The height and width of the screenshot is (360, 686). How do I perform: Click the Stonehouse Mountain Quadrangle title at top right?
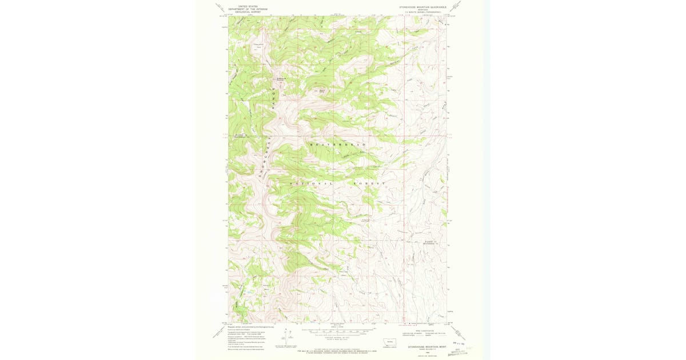[424, 7]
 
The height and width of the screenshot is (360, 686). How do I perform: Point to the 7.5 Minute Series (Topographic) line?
[424, 13]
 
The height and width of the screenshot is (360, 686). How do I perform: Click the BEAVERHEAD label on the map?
[337, 145]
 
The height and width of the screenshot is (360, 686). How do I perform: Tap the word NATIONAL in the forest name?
[312, 183]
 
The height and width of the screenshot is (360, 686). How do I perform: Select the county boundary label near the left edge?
[240, 136]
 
